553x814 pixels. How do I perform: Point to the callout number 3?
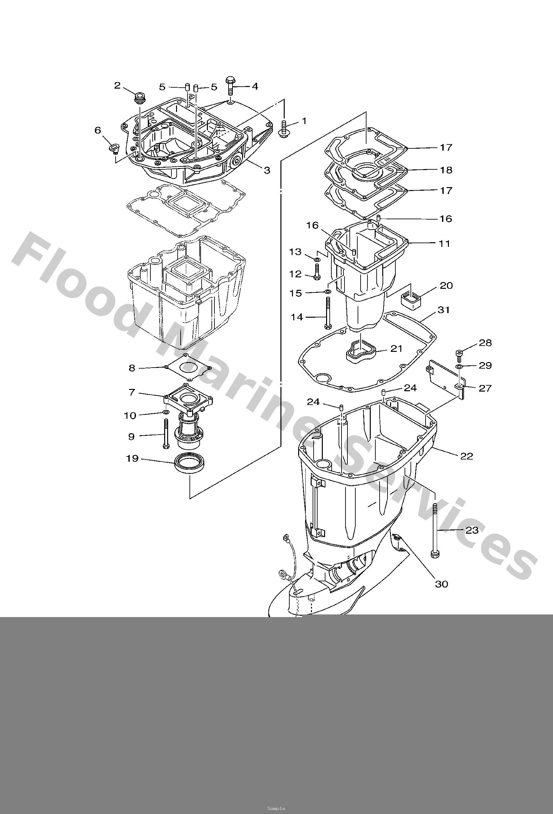point(267,170)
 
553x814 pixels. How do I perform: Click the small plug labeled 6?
point(114,148)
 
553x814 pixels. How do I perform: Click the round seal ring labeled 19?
point(190,463)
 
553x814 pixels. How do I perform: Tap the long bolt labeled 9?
point(166,434)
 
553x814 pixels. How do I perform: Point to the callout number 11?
point(444,243)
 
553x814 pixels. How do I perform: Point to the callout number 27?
point(485,388)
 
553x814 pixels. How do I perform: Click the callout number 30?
point(442,584)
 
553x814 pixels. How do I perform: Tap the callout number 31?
point(444,310)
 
